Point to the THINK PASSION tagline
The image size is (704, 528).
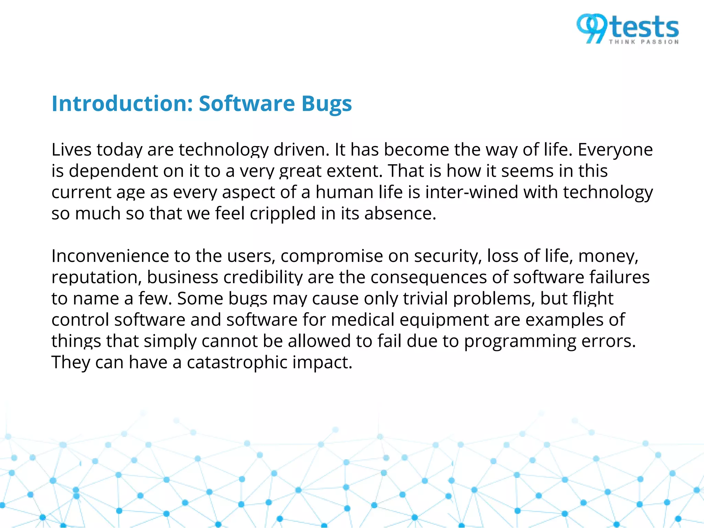644,42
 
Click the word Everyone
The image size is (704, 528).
615,150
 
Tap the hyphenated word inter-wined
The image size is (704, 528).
471,192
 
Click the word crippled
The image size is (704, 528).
283,214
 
